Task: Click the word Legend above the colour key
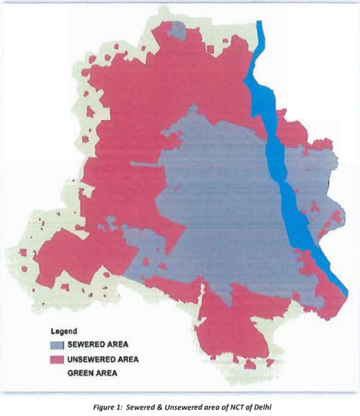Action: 63,331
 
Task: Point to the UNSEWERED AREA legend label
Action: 103,359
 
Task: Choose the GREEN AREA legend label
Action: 92,373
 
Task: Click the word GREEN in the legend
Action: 80,373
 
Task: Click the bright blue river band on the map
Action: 278,161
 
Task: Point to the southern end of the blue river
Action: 344,291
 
